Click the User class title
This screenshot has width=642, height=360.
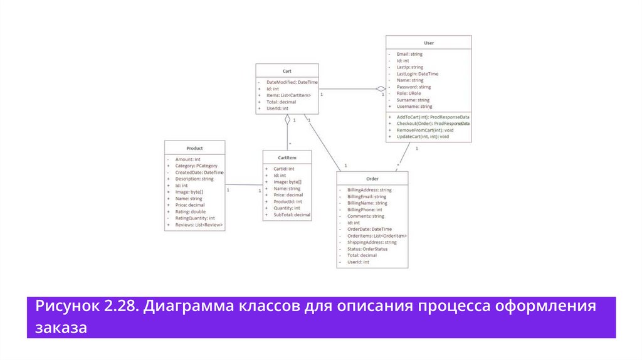429,43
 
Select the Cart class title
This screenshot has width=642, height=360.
287,71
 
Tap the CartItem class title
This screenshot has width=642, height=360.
287,157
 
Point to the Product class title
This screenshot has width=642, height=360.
194,148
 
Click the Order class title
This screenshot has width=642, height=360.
372,179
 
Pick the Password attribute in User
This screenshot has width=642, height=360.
414,87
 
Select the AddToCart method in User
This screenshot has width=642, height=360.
433,117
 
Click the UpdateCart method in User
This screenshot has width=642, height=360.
423,137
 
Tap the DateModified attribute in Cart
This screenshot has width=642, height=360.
292,82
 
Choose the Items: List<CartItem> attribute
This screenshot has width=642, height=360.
288,95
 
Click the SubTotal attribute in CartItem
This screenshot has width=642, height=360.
292,215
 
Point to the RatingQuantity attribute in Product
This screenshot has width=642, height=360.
195,218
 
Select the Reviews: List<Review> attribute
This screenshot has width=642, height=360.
199,225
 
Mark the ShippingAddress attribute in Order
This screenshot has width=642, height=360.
372,242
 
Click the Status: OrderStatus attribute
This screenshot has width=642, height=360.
367,249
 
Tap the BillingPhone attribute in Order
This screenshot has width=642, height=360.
365,209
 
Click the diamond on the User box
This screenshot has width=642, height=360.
380,88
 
